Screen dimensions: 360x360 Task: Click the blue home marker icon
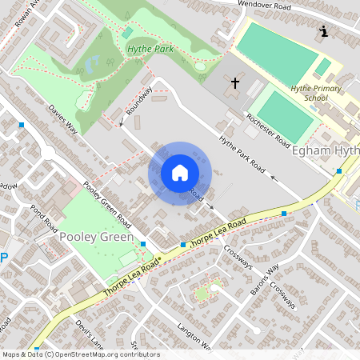pos(179,172)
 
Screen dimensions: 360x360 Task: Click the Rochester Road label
pos(268,130)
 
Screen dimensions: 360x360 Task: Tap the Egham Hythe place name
pos(326,151)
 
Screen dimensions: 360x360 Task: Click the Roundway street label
pos(138,101)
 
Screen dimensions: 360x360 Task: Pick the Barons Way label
pos(265,278)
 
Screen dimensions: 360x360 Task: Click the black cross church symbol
pos(235,82)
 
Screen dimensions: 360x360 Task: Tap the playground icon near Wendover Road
pos(323,31)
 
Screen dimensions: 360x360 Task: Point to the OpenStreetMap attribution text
pos(81,354)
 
